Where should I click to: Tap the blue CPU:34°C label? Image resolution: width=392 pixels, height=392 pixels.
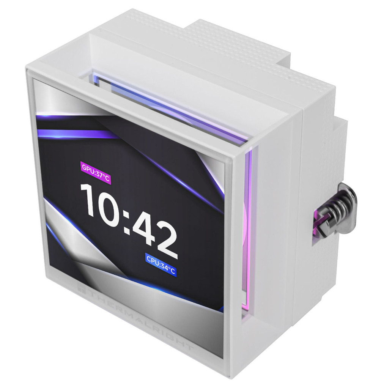click(x=161, y=265)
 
